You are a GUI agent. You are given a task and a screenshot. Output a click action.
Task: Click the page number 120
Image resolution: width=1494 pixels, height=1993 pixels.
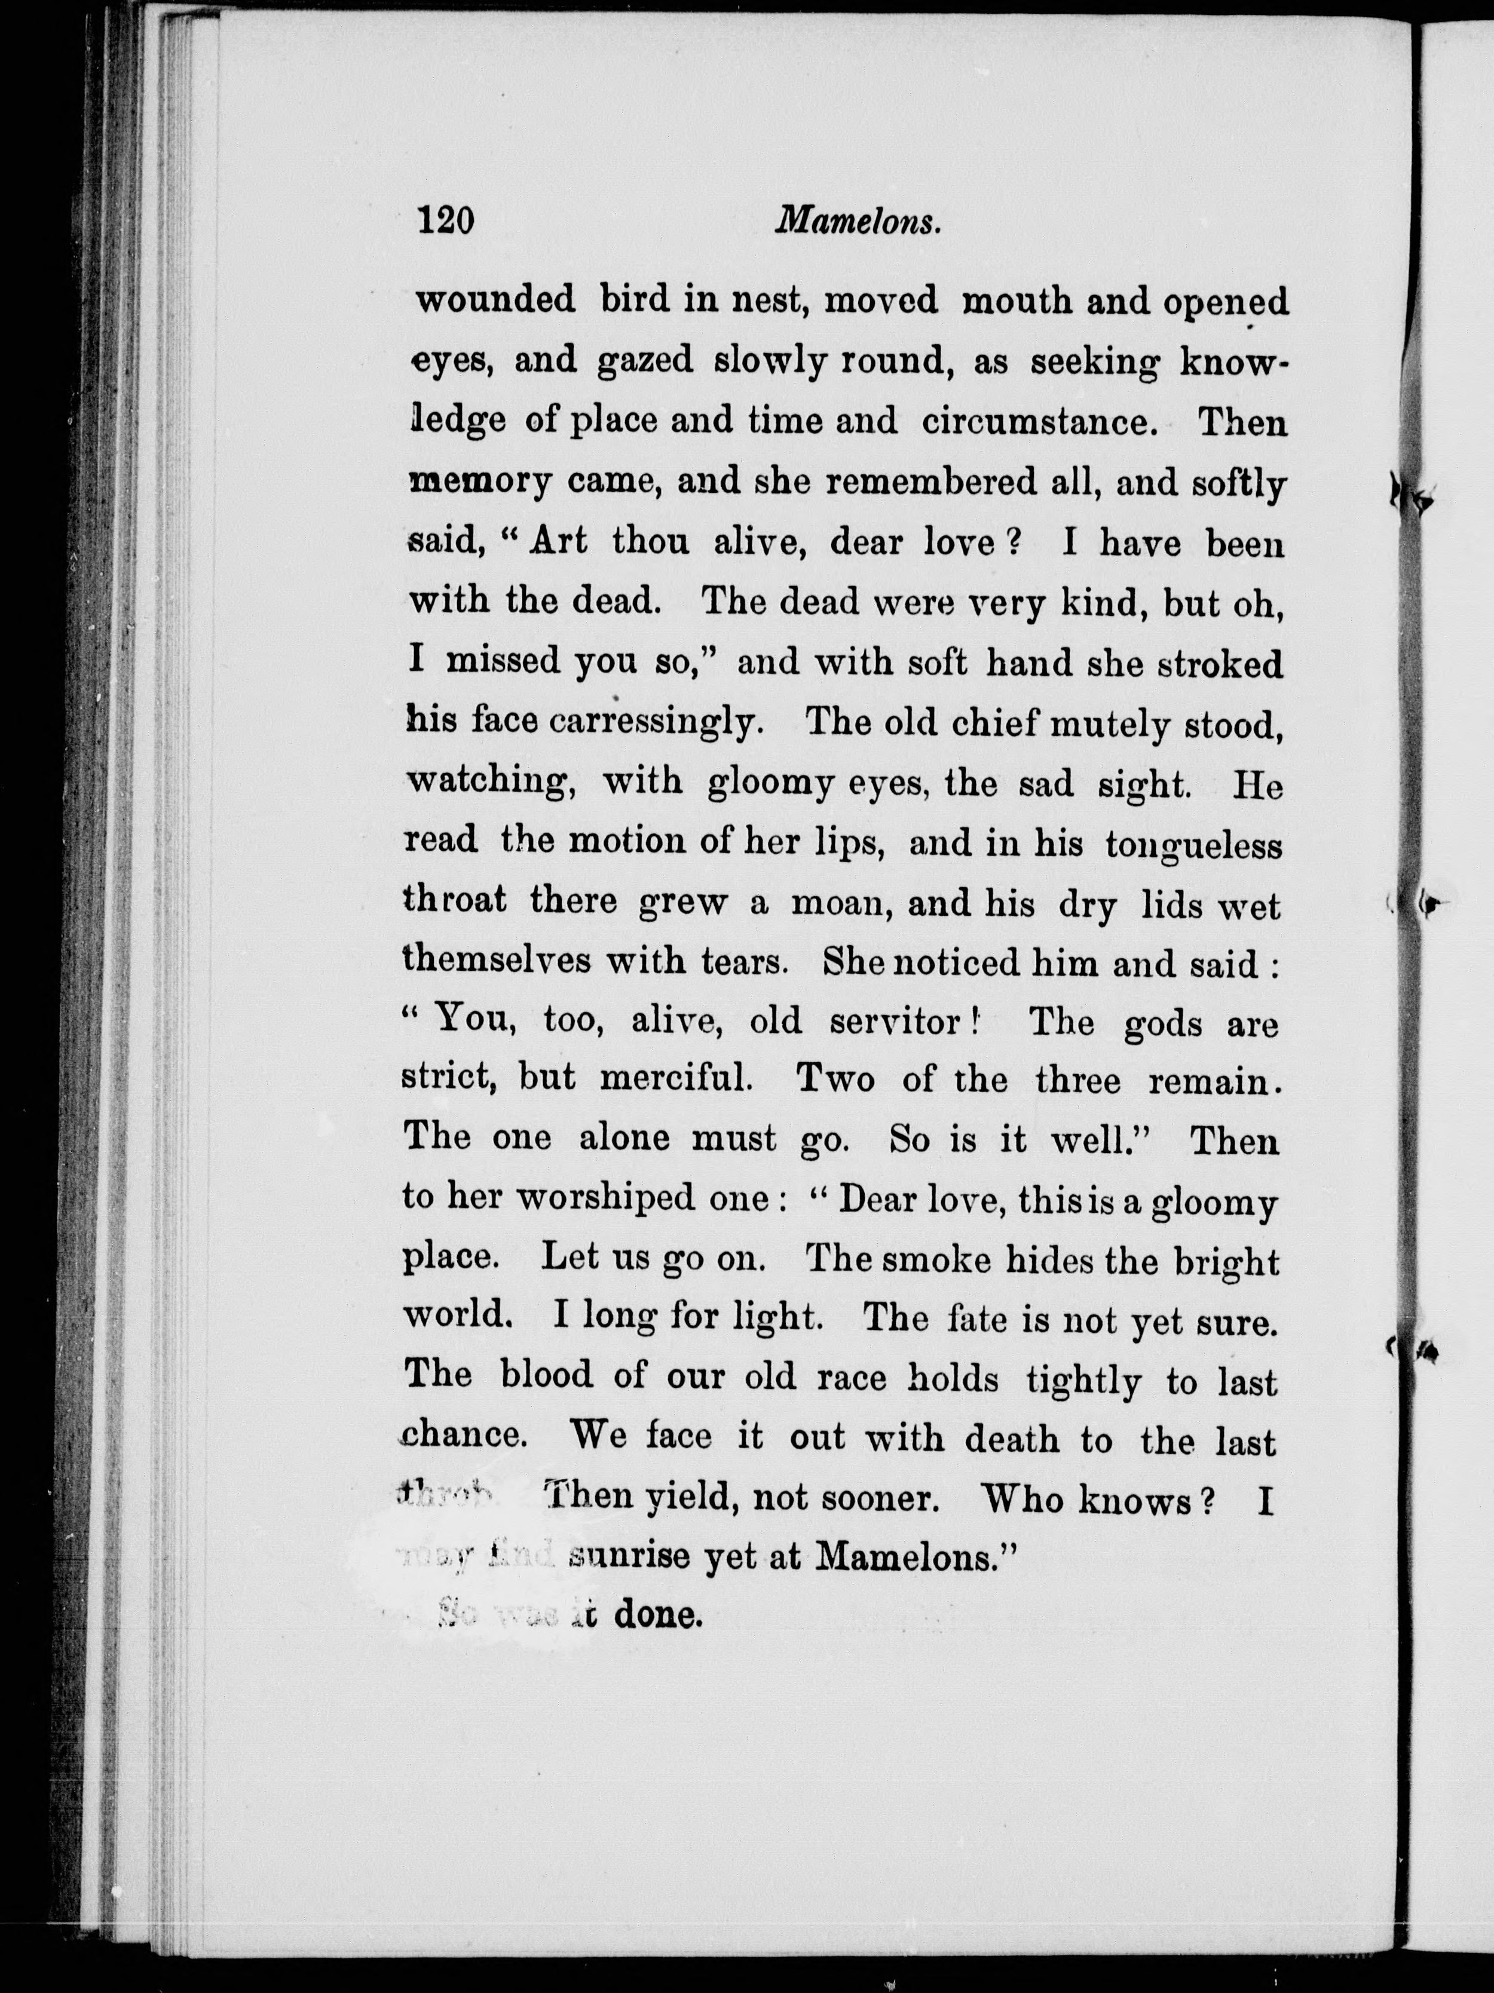(x=445, y=220)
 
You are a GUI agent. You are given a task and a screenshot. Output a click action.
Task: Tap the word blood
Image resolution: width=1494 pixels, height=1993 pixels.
(x=546, y=1376)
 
